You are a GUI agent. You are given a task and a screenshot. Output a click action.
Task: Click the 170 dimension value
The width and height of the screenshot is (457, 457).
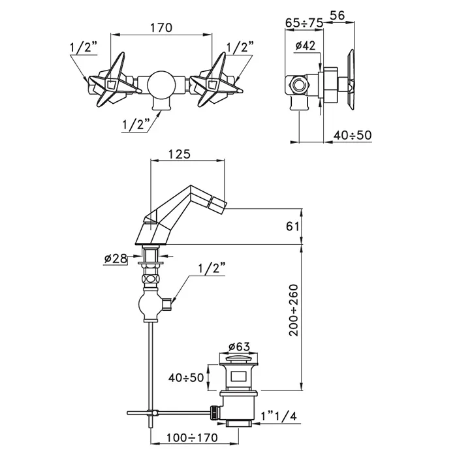point(161,27)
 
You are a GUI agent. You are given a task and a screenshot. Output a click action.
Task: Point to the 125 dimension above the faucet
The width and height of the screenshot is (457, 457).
point(179,154)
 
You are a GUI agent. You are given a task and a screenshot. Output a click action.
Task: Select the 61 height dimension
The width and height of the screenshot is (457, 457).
point(292,227)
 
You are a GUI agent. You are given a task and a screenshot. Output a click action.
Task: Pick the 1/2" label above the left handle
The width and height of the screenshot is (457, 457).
point(83,47)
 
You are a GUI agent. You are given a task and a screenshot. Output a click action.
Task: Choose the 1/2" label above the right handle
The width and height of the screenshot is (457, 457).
point(240,47)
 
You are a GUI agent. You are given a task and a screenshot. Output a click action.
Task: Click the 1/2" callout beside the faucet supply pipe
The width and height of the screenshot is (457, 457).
point(210,268)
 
